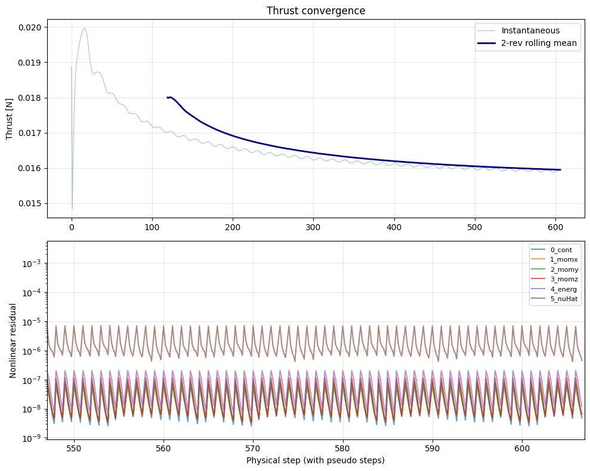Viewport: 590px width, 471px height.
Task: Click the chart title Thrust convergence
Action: click(x=316, y=11)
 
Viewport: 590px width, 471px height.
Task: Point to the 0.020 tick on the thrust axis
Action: click(x=29, y=27)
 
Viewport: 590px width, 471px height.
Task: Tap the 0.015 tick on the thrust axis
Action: click(x=29, y=203)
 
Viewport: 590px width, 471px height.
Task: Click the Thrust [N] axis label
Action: click(x=10, y=118)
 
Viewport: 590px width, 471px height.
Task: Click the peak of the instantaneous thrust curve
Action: click(x=85, y=29)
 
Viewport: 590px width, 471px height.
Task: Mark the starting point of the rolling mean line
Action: click(x=168, y=97)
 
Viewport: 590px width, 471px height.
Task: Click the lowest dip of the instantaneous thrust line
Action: click(x=72, y=209)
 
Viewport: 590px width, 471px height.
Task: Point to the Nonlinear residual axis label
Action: click(x=13, y=339)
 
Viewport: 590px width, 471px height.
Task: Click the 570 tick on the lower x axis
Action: click(x=253, y=448)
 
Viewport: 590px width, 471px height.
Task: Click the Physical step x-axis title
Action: click(x=316, y=460)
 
